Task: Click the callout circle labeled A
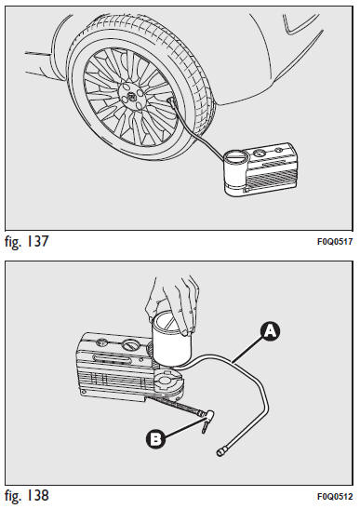click(271, 331)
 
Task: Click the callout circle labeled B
click(155, 439)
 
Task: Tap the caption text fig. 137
click(27, 242)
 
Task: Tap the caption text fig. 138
click(27, 496)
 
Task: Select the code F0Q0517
click(335, 242)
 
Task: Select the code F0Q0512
click(335, 497)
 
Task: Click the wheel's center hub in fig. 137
click(132, 96)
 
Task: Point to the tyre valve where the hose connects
click(171, 101)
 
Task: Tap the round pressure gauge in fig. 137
click(259, 153)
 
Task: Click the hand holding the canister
click(172, 305)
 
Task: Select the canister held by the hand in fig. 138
click(172, 340)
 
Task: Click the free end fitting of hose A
click(221, 451)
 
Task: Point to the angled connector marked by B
click(207, 420)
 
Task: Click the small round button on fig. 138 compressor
click(102, 342)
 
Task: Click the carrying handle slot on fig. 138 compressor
click(112, 358)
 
